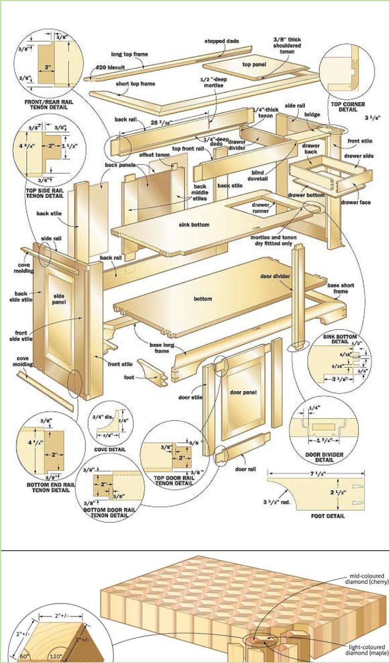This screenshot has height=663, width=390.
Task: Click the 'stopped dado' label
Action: coord(221,41)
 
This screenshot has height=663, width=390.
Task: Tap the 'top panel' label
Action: coord(254,65)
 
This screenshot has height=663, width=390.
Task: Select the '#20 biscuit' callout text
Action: coord(110,67)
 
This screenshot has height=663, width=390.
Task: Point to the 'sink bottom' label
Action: coord(194,225)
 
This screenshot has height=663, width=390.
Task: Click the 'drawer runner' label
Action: coord(261,208)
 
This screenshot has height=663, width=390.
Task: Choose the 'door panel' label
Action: coord(243,392)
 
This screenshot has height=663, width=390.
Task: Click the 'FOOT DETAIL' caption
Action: coord(327,516)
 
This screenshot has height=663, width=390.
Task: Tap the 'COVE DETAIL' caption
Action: coord(110,449)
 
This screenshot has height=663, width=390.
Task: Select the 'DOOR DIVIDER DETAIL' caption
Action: coord(324,457)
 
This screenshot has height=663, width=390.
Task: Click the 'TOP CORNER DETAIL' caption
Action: coord(348,107)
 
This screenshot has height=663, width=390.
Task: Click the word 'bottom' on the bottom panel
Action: coord(203,299)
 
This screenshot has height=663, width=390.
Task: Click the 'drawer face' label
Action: coord(356,202)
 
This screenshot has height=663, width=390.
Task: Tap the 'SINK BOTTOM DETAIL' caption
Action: coord(339,339)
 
